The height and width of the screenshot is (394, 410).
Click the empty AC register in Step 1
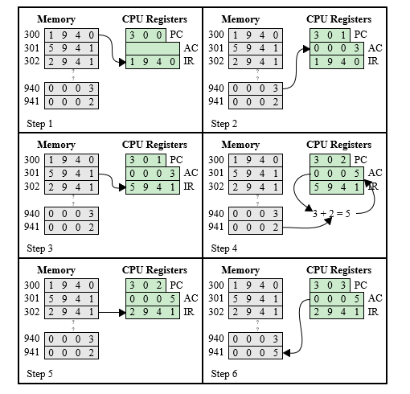click(153, 48)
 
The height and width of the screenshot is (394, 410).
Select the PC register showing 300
click(146, 35)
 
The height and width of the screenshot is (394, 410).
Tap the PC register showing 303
click(330, 285)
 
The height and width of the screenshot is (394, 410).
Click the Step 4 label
click(224, 248)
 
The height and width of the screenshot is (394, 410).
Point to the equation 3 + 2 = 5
click(331, 214)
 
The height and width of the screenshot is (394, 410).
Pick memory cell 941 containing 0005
click(256, 352)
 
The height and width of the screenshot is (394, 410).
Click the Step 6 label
click(224, 374)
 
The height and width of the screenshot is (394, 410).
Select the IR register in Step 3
click(153, 187)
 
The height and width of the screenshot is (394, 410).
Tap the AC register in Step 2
click(337, 48)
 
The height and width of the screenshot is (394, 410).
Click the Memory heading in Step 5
click(56, 270)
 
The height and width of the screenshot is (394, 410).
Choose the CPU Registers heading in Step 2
click(339, 19)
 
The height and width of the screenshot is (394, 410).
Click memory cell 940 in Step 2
click(256, 88)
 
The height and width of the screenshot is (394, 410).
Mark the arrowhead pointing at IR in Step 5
click(122, 312)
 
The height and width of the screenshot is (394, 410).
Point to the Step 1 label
click(39, 124)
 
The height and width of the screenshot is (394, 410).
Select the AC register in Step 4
click(337, 174)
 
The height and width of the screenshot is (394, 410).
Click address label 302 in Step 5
click(31, 312)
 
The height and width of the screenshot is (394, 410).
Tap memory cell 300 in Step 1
click(72, 35)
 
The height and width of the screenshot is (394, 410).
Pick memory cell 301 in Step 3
click(72, 174)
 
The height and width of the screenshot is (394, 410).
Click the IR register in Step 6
click(337, 312)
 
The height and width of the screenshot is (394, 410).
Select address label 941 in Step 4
click(216, 227)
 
